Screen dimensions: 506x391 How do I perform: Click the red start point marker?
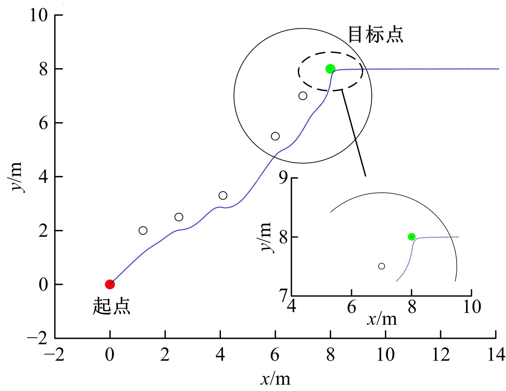[x=110, y=284]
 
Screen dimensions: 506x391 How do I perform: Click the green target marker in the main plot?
[x=330, y=69]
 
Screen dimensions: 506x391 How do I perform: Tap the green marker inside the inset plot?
[x=411, y=237]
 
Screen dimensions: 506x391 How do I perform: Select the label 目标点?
[x=376, y=34]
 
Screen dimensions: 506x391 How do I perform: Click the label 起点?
[x=111, y=306]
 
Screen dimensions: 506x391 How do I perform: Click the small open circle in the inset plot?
[x=381, y=266]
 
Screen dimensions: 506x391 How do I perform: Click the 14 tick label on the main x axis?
[x=496, y=355]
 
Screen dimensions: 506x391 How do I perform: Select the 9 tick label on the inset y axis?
[x=284, y=178]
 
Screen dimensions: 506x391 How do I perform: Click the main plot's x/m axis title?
[x=276, y=379]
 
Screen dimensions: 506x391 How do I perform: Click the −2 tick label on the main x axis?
[x=54, y=355]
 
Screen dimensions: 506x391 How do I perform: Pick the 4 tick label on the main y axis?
[x=43, y=177]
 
